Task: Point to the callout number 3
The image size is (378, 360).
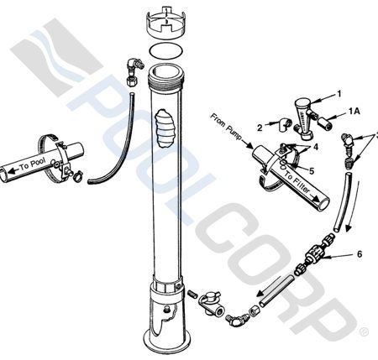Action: click(375, 134)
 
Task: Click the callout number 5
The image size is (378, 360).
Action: click(310, 170)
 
